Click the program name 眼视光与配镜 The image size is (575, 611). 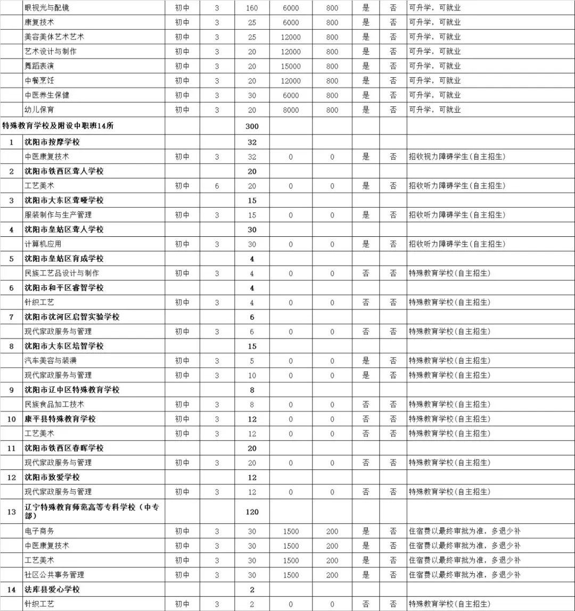tap(47, 9)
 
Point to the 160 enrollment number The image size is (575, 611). tap(252, 9)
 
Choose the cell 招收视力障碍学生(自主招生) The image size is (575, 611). tap(456, 157)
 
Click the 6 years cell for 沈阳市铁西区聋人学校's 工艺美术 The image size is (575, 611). tap(217, 186)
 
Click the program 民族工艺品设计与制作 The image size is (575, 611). tap(62, 273)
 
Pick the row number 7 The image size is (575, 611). tap(11, 317)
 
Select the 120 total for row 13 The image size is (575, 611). tap(252, 512)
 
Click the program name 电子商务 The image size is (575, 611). tap(39, 531)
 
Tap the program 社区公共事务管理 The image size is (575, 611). tap(54, 575)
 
